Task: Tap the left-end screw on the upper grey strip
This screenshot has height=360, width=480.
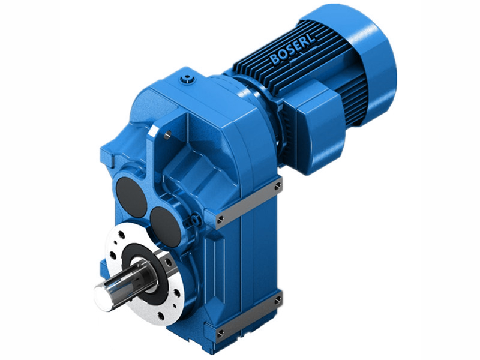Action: pos(220,218)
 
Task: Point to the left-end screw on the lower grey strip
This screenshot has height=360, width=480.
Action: pos(220,332)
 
